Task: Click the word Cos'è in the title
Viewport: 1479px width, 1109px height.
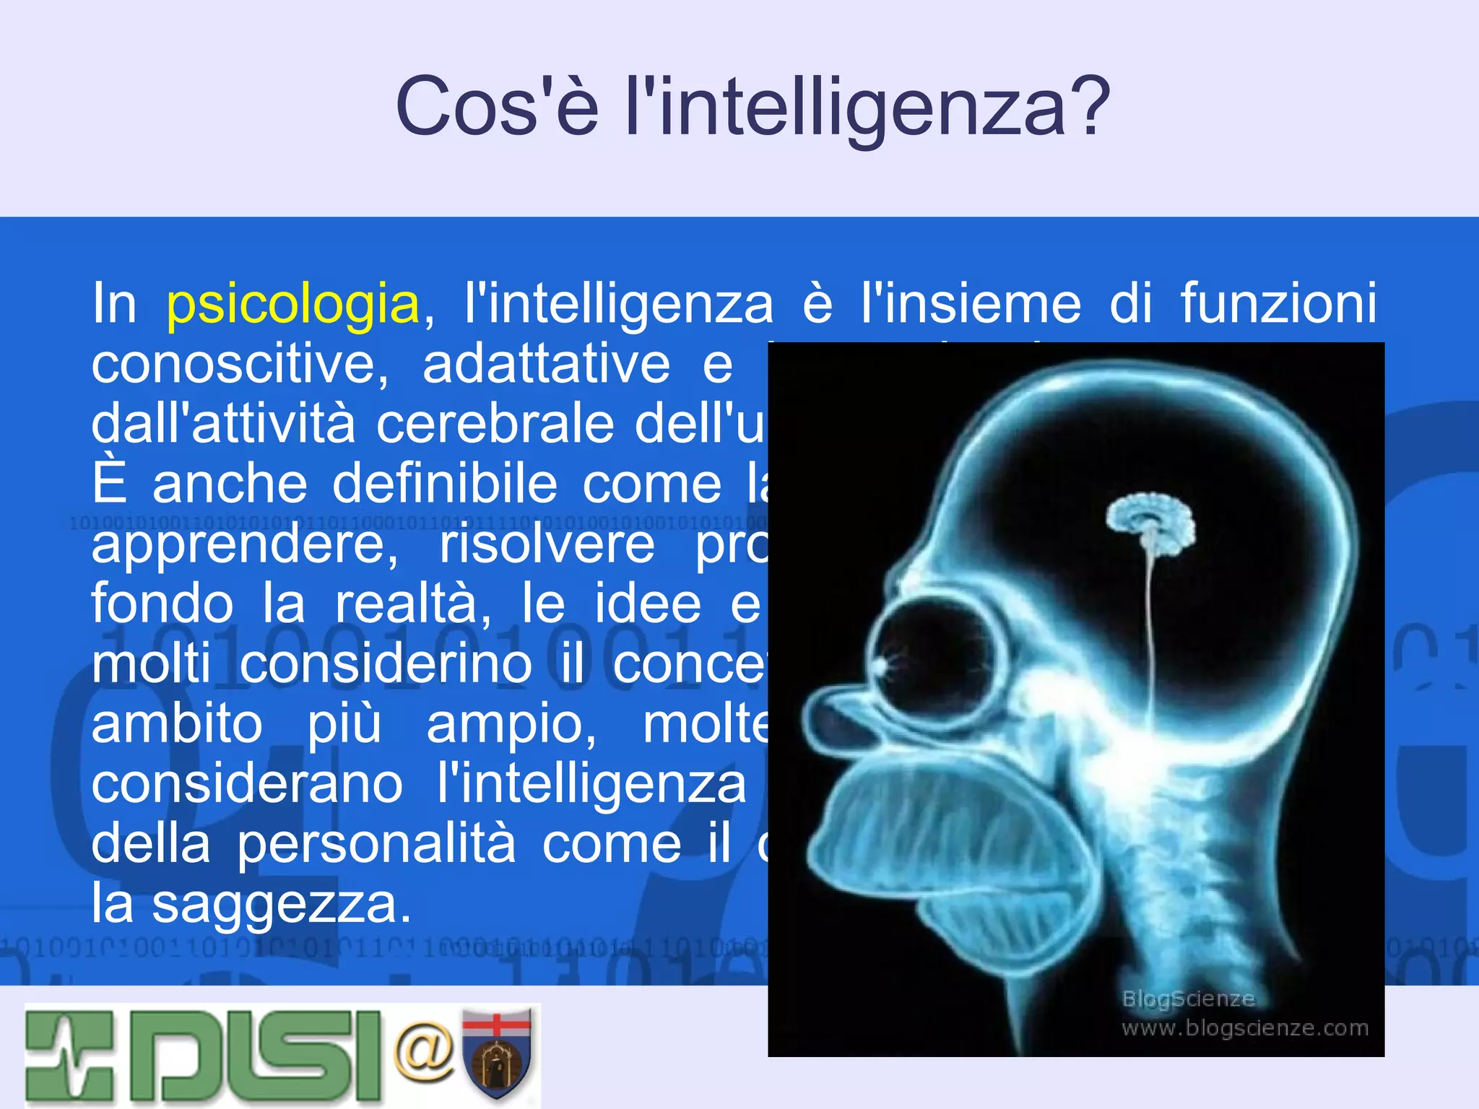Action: coord(497,107)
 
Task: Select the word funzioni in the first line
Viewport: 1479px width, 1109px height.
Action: coord(1278,303)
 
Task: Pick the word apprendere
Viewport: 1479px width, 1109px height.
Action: coord(244,545)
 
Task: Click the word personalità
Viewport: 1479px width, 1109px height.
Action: coord(376,845)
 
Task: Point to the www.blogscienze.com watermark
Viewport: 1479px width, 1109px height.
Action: coord(1244,1027)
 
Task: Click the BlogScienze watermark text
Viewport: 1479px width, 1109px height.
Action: coord(1188,999)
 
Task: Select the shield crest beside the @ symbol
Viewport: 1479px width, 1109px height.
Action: coord(497,1053)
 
